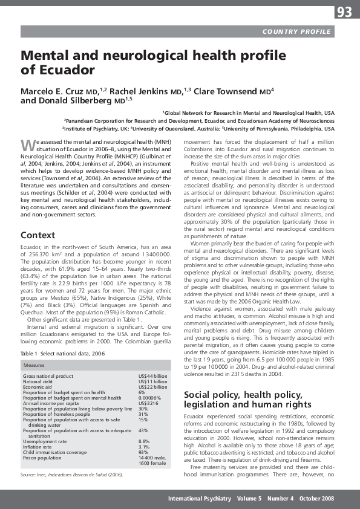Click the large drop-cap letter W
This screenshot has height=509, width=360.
[26, 146]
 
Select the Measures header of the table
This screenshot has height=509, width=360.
[33, 349]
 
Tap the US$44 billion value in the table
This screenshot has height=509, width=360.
[152, 359]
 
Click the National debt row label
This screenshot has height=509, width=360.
[38, 365]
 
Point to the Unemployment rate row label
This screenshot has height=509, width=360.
[45, 424]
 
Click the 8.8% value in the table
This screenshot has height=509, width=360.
[144, 424]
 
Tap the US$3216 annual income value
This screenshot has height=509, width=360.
[148, 386]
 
